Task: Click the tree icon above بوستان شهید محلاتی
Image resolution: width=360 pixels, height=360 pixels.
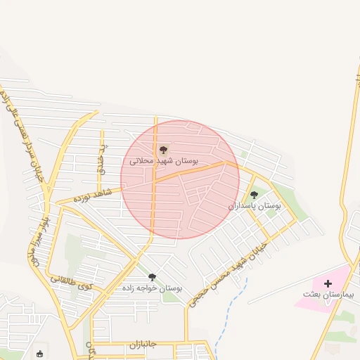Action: point(163,150)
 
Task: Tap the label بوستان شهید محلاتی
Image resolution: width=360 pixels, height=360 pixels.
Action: point(164,161)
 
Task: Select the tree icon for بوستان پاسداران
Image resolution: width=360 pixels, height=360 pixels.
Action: point(254,195)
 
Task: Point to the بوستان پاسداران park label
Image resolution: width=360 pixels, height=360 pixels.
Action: point(255,206)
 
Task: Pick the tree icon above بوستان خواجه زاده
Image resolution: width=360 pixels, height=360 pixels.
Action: point(152,277)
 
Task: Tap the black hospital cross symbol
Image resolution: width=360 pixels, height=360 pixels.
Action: point(328,283)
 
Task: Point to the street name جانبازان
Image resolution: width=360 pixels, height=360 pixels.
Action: point(145,345)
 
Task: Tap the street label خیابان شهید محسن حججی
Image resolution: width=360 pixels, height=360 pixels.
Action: point(224,266)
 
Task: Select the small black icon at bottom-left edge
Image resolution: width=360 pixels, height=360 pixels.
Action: point(39,354)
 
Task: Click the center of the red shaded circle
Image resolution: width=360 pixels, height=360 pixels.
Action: point(180,179)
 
